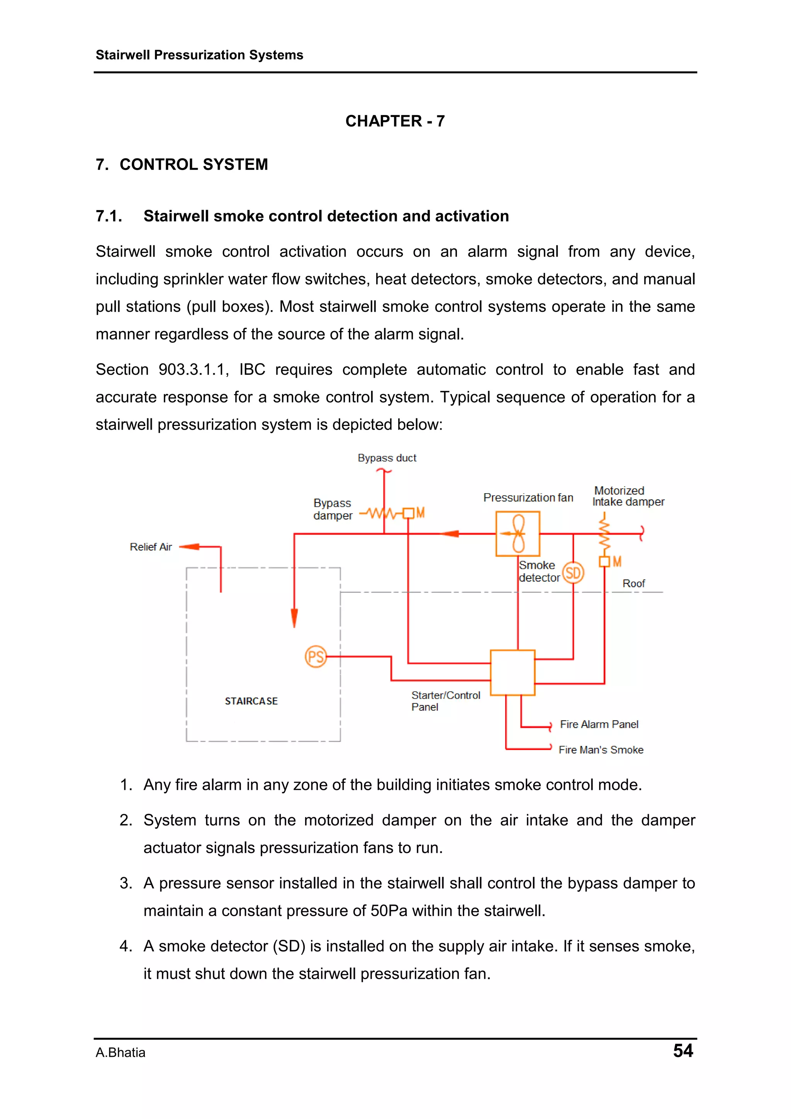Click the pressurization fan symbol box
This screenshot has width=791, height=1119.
[x=518, y=534]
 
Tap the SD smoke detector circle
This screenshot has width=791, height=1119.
[x=573, y=573]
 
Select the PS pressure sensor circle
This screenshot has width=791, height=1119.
[x=316, y=657]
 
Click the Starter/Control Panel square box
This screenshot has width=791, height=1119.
[x=513, y=672]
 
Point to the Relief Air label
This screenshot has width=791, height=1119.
[x=151, y=547]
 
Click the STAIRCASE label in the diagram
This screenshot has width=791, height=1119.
[x=251, y=701]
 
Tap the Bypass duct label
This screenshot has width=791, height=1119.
[x=387, y=458]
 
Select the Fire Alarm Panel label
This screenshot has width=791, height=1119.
[x=599, y=724]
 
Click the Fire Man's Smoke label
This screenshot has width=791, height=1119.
[x=601, y=750]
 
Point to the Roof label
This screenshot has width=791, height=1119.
[x=633, y=583]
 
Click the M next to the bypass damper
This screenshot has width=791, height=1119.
[x=420, y=513]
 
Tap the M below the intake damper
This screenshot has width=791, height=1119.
[x=617, y=562]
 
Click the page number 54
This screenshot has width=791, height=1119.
[x=683, y=1050]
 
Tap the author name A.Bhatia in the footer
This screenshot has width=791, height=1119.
[x=121, y=1053]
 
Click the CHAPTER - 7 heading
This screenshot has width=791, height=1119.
[x=395, y=121]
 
